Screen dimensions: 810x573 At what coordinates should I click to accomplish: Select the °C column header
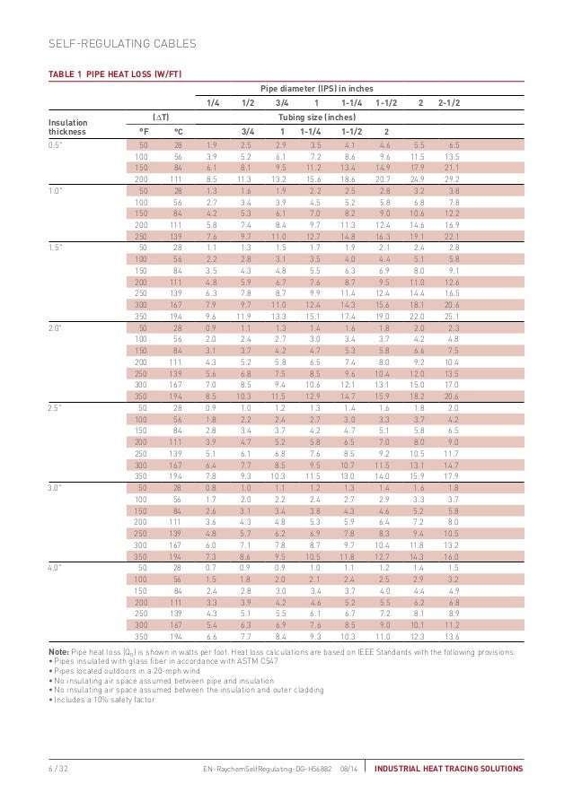(x=178, y=130)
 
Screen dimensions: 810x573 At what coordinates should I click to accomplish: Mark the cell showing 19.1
(x=418, y=234)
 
